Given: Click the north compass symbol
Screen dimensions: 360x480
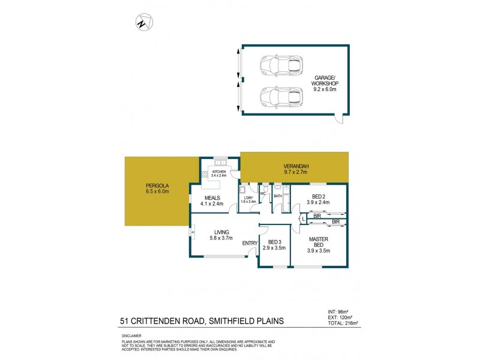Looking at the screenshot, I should click(142, 23).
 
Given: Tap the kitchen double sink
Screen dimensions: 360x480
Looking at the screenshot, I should click(220, 163).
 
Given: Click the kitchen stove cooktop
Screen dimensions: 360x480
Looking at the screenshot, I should click(205, 175).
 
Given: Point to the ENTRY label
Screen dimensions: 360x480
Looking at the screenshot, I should click(250, 243).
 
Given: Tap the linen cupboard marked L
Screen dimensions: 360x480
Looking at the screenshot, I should click(304, 220).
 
